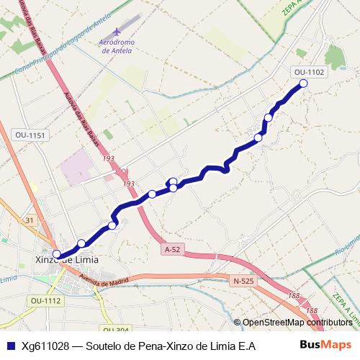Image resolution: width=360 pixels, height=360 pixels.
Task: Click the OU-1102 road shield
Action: pyautogui.click(x=310, y=72)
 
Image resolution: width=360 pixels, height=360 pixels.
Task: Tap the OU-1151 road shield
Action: pyautogui.click(x=30, y=135)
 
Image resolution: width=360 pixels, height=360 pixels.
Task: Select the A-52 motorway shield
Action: pyautogui.click(x=172, y=249)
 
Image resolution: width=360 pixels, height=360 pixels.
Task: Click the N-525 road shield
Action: pyautogui.click(x=243, y=281)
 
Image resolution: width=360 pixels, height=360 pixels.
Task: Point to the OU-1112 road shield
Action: pyautogui.click(x=46, y=300)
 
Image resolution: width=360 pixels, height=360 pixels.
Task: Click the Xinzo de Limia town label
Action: pyautogui.click(x=67, y=259)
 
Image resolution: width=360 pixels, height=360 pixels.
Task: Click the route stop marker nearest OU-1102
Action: pyautogui.click(x=303, y=84)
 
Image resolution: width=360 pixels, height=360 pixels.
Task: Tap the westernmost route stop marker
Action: pyautogui.click(x=57, y=253)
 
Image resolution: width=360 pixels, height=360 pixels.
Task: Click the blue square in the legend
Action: pyautogui.click(x=10, y=346)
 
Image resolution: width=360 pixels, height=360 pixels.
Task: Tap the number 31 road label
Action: pyautogui.click(x=30, y=220)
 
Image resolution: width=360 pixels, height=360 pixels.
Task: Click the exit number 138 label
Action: pyautogui.click(x=311, y=310)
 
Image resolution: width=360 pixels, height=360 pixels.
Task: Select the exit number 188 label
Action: pyautogui.click(x=293, y=296)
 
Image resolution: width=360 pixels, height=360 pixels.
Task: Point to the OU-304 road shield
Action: pyautogui.click(x=115, y=330)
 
